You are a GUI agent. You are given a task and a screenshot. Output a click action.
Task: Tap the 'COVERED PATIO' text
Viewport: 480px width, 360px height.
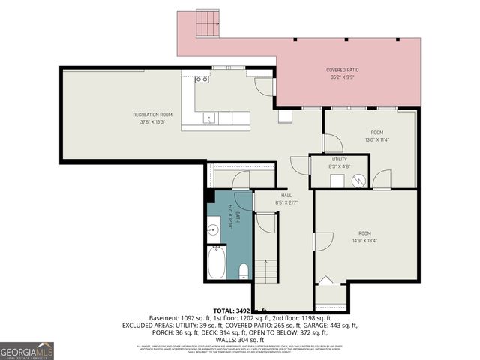click(340, 70)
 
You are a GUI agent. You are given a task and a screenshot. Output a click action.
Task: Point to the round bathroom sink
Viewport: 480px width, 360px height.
click(214, 230)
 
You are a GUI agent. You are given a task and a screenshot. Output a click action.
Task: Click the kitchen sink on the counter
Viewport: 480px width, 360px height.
click(209, 117)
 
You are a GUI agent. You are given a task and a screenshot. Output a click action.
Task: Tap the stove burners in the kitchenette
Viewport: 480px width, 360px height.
click(201, 79)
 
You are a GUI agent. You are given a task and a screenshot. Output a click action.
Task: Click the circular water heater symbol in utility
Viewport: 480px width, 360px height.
click(359, 180)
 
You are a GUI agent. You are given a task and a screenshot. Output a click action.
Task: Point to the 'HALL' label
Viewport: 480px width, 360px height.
click(286, 195)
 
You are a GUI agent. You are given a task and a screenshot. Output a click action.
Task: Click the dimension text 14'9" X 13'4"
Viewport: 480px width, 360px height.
click(364, 241)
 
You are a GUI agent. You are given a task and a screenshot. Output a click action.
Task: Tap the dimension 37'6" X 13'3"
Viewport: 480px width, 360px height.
click(152, 121)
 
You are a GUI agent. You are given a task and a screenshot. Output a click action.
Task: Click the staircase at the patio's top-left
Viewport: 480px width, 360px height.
click(207, 23)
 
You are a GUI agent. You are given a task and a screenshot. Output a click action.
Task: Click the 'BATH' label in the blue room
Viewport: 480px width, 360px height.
click(237, 215)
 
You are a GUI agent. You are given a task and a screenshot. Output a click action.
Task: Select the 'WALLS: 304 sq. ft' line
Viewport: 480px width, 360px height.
click(240, 339)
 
